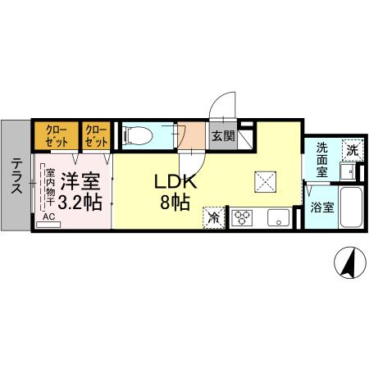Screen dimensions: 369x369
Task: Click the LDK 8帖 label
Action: coord(174,189)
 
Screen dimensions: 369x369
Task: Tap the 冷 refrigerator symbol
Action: coord(213,218)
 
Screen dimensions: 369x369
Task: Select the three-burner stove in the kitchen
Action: coord(244,218)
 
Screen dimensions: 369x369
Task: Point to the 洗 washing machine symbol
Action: coord(350,151)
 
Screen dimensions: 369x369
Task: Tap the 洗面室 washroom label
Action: coord(322,160)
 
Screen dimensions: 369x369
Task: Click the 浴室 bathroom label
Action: coord(322,207)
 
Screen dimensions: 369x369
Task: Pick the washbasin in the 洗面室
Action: coord(348,171)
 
